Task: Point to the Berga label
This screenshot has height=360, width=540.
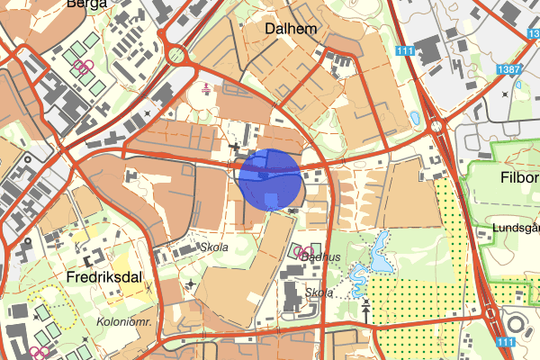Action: [85, 4]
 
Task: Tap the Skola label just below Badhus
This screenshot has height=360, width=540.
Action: [319, 292]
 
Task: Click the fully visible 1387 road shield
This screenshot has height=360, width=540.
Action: [511, 69]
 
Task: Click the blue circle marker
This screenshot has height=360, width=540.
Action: [269, 181]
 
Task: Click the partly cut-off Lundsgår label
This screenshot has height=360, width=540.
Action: [516, 229]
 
